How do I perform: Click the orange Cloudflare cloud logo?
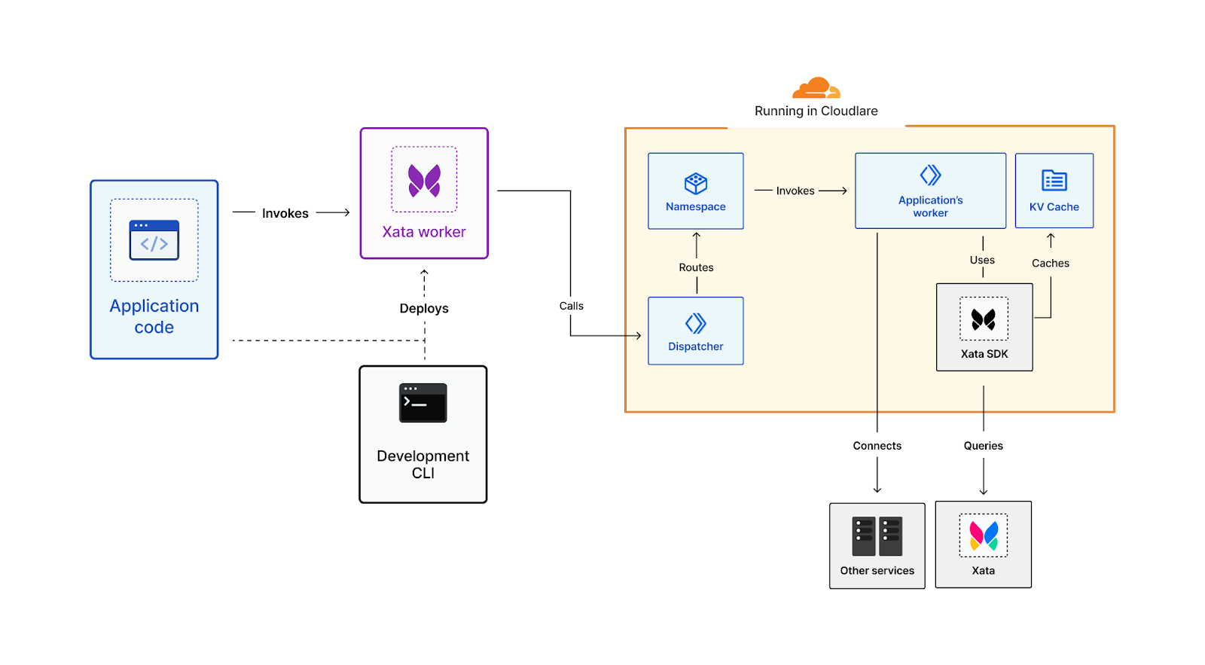[816, 88]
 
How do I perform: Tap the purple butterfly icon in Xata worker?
[424, 181]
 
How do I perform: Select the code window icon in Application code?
[154, 240]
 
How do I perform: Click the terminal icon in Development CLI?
[423, 403]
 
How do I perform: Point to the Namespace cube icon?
[696, 183]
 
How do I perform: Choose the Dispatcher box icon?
[696, 324]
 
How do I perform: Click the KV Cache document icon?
[1054, 181]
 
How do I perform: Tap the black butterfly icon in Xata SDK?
[984, 320]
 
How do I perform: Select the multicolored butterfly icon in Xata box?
[984, 535]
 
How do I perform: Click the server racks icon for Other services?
[877, 536]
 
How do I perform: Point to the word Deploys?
[424, 308]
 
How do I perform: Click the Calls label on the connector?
[572, 306]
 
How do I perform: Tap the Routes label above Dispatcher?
[697, 267]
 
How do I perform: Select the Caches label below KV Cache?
[1051, 263]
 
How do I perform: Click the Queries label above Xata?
[984, 446]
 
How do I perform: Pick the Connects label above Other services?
[877, 446]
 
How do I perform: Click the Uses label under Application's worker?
[983, 260]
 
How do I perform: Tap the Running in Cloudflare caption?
[816, 111]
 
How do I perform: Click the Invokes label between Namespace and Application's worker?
[796, 191]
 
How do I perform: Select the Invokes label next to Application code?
[285, 213]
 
